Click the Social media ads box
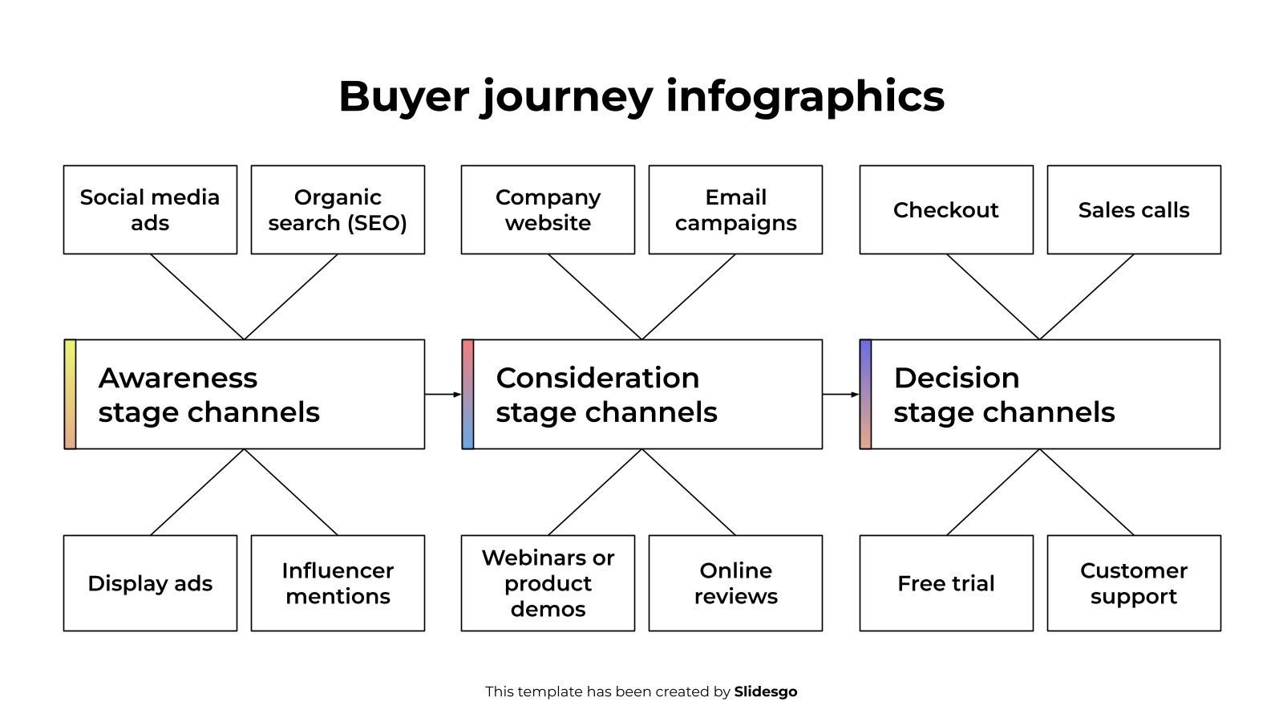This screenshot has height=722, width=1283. pyautogui.click(x=150, y=209)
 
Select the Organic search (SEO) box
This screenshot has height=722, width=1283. pyautogui.click(x=338, y=209)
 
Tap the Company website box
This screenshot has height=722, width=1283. pyautogui.click(x=548, y=209)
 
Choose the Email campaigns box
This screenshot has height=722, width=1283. pyautogui.click(x=735, y=209)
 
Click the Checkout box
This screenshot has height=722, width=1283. pyautogui.click(x=946, y=209)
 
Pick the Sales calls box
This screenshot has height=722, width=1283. pyautogui.click(x=1134, y=209)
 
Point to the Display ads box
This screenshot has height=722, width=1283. pyautogui.click(x=150, y=583)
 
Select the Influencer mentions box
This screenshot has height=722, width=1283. pyautogui.click(x=338, y=583)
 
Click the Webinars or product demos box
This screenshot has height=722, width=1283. pyautogui.click(x=548, y=583)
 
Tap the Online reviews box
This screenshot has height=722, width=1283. pyautogui.click(x=735, y=583)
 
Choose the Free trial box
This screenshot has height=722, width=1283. pyautogui.click(x=946, y=583)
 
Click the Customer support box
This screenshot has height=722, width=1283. pyautogui.click(x=1134, y=583)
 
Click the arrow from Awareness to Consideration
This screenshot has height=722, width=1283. pyautogui.click(x=443, y=395)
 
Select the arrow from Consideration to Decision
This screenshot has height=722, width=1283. pyautogui.click(x=840, y=395)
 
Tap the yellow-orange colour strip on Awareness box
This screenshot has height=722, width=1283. pyautogui.click(x=70, y=394)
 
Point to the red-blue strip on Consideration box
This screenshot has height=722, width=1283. pyautogui.click(x=467, y=394)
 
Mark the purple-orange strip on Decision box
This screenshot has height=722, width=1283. pyautogui.click(x=865, y=394)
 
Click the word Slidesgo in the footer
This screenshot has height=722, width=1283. pyautogui.click(x=765, y=692)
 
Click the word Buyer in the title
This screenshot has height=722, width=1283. pyautogui.click(x=403, y=96)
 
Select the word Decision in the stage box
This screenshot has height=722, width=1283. pyautogui.click(x=956, y=378)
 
